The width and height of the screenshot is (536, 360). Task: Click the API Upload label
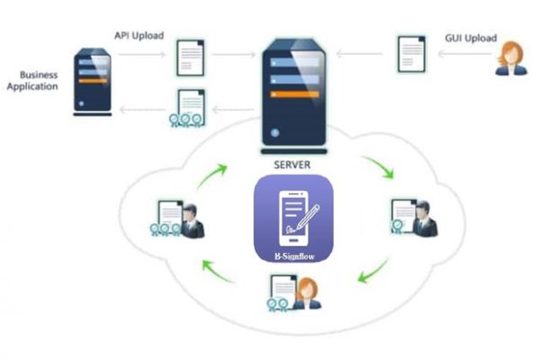pyautogui.click(x=139, y=36)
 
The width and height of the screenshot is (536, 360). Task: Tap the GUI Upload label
pyautogui.click(x=470, y=38)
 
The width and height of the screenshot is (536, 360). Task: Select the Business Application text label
pyautogui.click(x=32, y=80)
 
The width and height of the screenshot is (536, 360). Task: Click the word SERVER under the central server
pyautogui.click(x=292, y=165)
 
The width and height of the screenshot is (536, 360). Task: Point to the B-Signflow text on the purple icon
pyautogui.click(x=294, y=256)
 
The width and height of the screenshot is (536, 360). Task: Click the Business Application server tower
pyautogui.click(x=93, y=82)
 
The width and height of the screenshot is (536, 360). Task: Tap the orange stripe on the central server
pyautogui.click(x=295, y=94)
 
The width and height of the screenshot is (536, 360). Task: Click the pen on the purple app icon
pyautogui.click(x=308, y=216)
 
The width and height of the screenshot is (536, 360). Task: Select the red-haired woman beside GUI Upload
pyautogui.click(x=511, y=58)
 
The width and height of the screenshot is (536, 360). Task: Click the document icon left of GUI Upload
pyautogui.click(x=412, y=54)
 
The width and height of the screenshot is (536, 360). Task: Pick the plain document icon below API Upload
pyautogui.click(x=191, y=58)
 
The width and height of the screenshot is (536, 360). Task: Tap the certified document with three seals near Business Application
pyautogui.click(x=187, y=108)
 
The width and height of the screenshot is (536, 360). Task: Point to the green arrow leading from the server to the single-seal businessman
pyautogui.click(x=379, y=166)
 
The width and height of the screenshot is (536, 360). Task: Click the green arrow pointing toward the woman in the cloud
pyautogui.click(x=372, y=272)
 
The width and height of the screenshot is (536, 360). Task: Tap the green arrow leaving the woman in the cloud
pyautogui.click(x=219, y=272)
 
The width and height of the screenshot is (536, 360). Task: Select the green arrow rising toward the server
pyautogui.click(x=212, y=175)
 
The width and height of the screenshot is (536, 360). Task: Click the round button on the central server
pyautogui.click(x=275, y=133)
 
